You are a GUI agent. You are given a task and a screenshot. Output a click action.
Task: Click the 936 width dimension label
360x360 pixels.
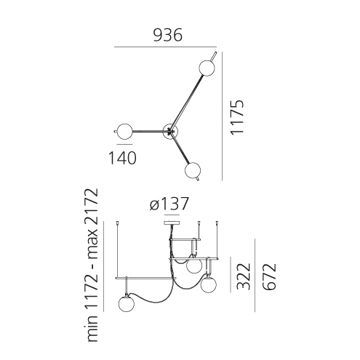coord(167,35)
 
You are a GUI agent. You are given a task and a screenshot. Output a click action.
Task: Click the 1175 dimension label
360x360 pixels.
coord(236,117)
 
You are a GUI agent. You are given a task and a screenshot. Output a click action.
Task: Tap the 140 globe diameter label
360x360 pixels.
coord(122,158)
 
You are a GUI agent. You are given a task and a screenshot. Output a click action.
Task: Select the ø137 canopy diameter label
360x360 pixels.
coord(169,204)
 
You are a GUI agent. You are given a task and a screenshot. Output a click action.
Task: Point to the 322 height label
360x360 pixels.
coord(243,276)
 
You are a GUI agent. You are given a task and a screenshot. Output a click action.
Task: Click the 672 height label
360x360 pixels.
coord(269,276)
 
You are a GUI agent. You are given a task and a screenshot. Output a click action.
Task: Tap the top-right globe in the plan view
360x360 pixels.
coord(207,68)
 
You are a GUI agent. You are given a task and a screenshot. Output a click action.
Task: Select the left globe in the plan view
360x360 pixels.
coord(124,132)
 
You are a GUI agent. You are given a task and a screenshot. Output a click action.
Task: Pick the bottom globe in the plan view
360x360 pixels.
coord(193,170)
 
